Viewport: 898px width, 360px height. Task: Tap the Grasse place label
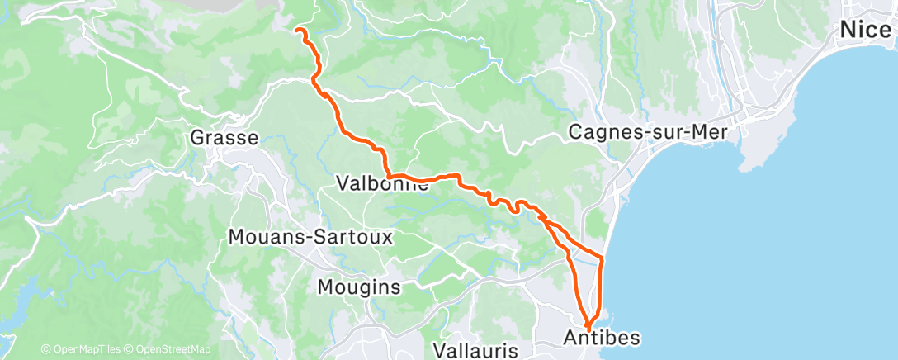(224, 137)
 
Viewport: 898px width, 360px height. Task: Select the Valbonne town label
(383, 183)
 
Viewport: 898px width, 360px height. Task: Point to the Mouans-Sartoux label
(310, 238)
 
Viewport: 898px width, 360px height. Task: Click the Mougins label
(359, 287)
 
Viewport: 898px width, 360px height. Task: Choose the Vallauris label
(475, 350)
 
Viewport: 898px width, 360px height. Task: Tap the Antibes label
(603, 337)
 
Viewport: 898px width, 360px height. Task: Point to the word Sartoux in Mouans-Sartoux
(352, 238)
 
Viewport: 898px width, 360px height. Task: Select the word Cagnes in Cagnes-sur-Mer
(604, 131)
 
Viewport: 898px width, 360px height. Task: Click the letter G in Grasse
(197, 137)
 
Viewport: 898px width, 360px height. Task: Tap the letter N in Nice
(848, 30)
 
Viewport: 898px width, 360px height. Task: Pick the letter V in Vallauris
(439, 350)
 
